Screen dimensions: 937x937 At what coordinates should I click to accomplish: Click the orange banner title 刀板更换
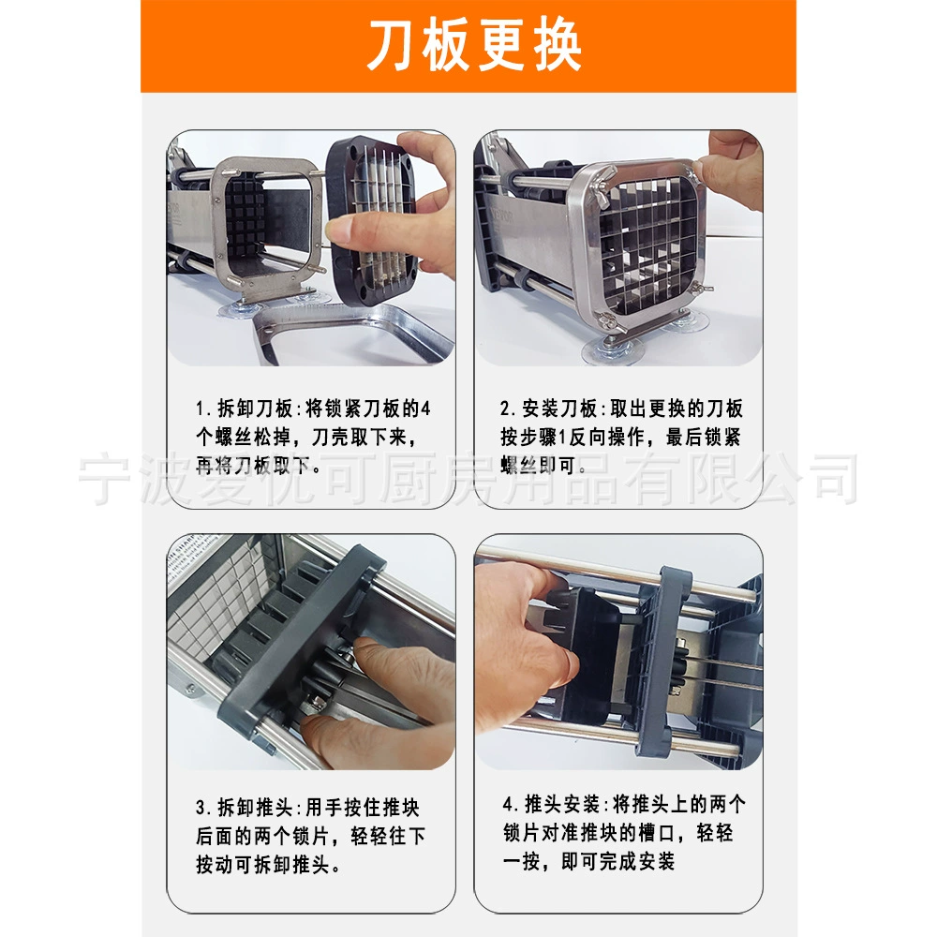(474, 45)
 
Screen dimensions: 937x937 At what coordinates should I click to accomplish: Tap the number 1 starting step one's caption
(201, 409)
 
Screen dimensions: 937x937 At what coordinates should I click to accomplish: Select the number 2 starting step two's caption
(506, 409)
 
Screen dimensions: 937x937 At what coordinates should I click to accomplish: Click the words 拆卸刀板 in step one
(255, 409)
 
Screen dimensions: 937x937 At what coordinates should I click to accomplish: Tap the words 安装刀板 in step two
(560, 409)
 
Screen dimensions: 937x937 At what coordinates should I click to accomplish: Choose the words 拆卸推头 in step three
(255, 808)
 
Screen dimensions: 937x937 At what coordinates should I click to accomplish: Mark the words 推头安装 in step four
(562, 804)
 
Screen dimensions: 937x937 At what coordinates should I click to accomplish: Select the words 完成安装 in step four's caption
(637, 862)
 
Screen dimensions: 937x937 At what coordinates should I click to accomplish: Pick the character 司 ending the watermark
(835, 479)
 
